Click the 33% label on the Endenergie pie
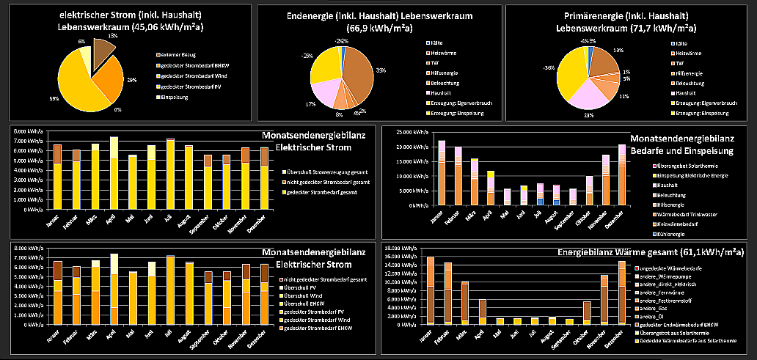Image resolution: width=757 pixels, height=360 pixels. tap(381, 70)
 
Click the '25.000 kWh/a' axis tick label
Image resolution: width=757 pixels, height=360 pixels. tap(412, 133)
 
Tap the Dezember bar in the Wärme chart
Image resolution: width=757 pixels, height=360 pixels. tap(622, 293)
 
